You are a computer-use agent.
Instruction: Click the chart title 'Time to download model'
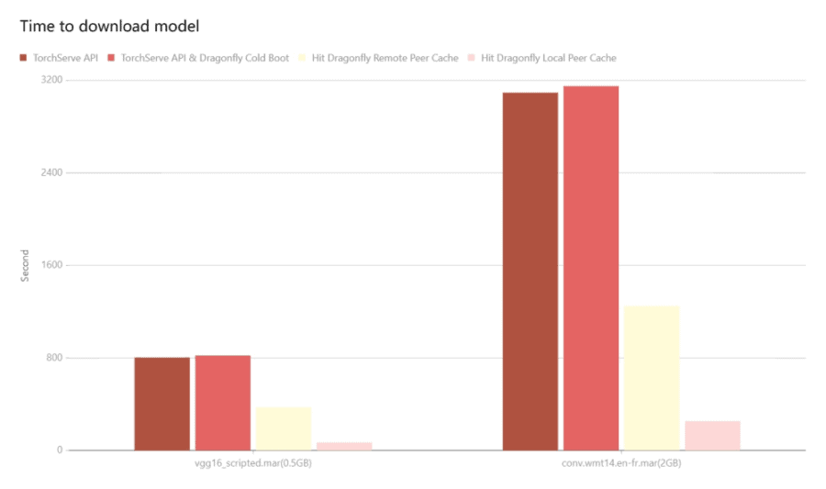[109, 26]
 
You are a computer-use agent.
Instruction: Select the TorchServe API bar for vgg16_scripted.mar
[162, 404]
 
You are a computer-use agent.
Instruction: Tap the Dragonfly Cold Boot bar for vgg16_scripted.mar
[222, 403]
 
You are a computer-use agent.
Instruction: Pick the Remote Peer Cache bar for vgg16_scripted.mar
[284, 428]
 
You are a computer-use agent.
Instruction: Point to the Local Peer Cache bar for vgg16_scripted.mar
[344, 446]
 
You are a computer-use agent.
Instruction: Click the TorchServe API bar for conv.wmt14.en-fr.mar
[530, 272]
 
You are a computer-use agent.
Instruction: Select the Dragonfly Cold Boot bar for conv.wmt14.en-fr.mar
[591, 268]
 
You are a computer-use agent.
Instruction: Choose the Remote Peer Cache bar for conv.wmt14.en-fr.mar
[652, 378]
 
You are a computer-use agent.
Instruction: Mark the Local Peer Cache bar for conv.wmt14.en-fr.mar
[712, 436]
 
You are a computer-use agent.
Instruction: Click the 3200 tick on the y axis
[51, 81]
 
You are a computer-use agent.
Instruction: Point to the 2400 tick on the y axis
[51, 172]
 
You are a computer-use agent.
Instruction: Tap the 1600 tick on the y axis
[51, 265]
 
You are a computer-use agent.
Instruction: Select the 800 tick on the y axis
[54, 358]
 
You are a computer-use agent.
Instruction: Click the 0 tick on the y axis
[60, 450]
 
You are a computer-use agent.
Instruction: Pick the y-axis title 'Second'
[26, 265]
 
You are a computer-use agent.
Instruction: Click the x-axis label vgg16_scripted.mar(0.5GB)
[252, 464]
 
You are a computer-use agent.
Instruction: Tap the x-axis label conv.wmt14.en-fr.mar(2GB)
[621, 464]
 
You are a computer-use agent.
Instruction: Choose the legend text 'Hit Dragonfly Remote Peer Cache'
[391, 58]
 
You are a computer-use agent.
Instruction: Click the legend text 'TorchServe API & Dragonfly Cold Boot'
[205, 58]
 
